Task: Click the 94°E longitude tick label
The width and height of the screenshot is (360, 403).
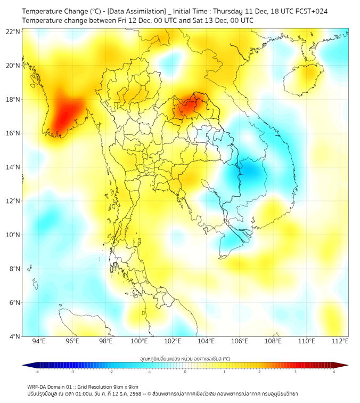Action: tap(39, 341)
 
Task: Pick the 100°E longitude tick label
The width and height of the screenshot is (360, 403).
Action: tap(139, 341)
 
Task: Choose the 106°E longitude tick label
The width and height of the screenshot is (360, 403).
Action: tap(240, 341)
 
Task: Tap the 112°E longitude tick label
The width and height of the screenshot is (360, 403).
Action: tap(340, 341)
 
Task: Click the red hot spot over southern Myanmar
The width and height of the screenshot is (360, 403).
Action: tap(65, 115)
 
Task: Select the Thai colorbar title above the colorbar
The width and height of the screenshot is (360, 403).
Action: tap(185, 358)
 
